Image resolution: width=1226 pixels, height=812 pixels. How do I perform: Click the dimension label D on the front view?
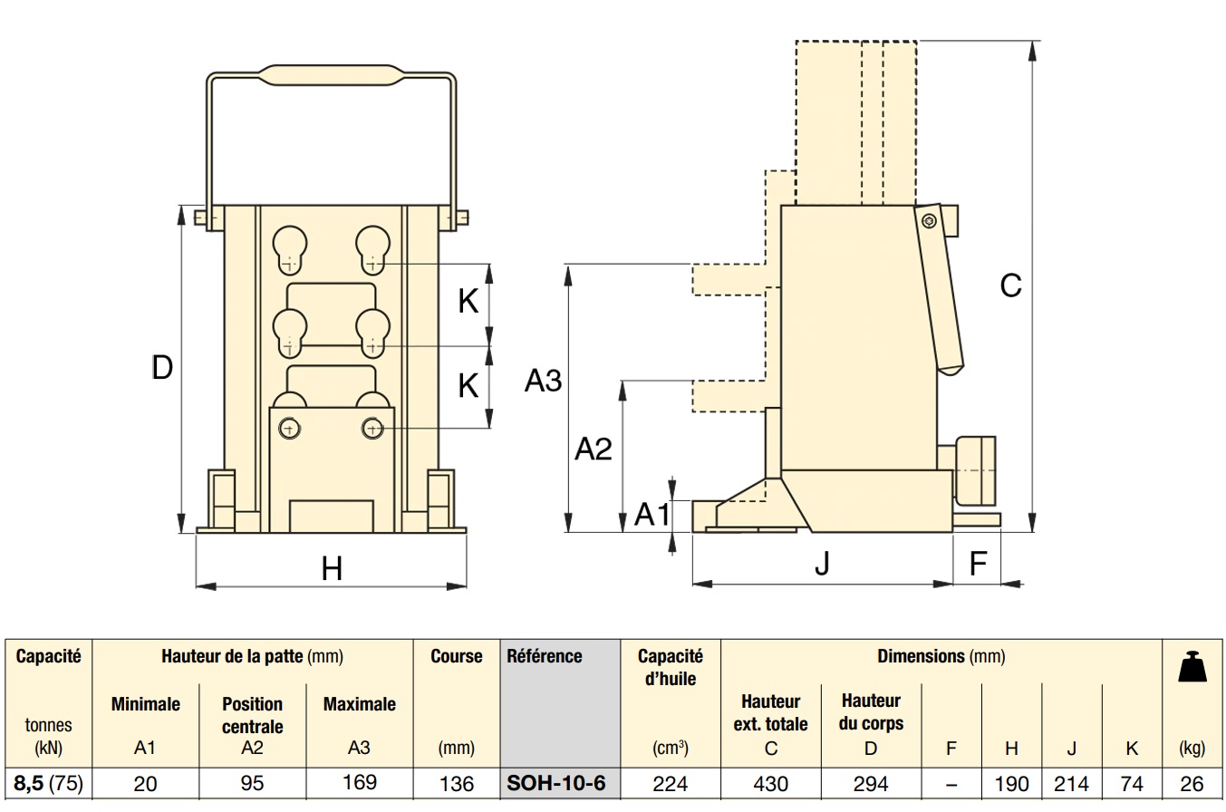pyautogui.click(x=162, y=368)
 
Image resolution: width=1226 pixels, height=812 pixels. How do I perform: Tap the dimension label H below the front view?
pyautogui.click(x=332, y=569)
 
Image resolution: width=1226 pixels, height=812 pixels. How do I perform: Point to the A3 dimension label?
pyautogui.click(x=544, y=382)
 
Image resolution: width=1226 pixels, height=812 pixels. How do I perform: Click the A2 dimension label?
pyautogui.click(x=594, y=449)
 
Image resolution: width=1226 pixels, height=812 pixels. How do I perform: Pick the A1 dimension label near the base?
pyautogui.click(x=652, y=514)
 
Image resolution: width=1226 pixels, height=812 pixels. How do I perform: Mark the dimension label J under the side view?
pyautogui.click(x=822, y=564)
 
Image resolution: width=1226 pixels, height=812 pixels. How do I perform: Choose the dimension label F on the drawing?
pyautogui.click(x=978, y=564)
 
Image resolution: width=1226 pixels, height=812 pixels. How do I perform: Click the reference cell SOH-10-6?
pyautogui.click(x=556, y=782)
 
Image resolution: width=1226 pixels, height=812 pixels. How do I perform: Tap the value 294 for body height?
pyautogui.click(x=871, y=783)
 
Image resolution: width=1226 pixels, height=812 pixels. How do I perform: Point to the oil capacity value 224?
pyautogui.click(x=671, y=783)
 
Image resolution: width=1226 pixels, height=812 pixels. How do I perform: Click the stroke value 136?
pyautogui.click(x=456, y=783)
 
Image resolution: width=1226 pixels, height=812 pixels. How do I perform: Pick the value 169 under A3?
pyautogui.click(x=360, y=782)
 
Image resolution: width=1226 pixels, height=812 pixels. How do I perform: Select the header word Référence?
pyautogui.click(x=545, y=656)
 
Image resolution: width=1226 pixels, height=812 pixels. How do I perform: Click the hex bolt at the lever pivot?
pyautogui.click(x=927, y=221)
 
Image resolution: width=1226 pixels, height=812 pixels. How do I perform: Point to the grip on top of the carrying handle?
pyautogui.click(x=332, y=74)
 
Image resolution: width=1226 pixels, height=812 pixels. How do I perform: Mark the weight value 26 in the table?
pyautogui.click(x=1192, y=783)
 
